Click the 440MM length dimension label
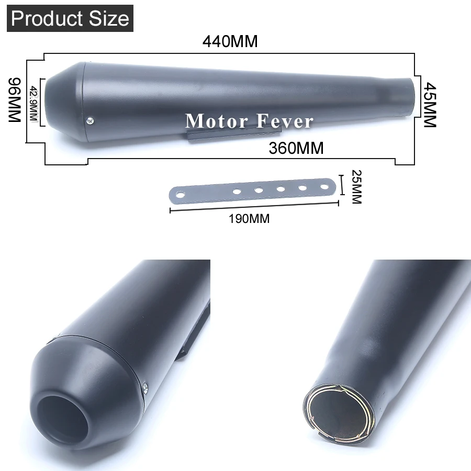point(230,41)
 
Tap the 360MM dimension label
point(296,148)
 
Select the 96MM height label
point(15,100)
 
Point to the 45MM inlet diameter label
point(430,105)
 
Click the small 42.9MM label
point(33,104)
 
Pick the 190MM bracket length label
point(249,219)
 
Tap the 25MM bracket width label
point(356,187)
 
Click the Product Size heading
point(70,18)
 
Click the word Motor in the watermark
point(216,121)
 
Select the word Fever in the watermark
point(285,121)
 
